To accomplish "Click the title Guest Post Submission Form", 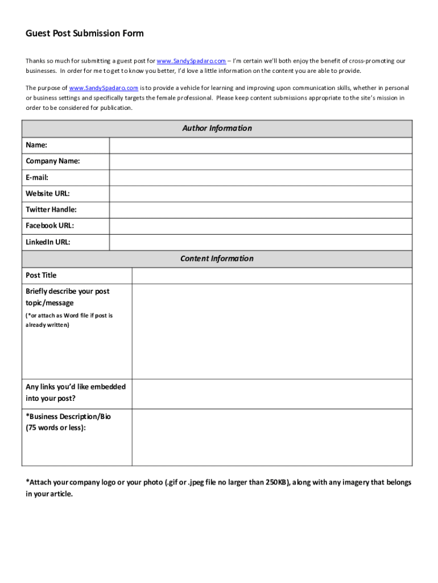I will (x=85, y=34).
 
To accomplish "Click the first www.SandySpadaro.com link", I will (x=191, y=61).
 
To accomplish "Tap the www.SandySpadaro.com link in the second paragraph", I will (x=104, y=88).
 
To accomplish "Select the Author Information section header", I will (x=217, y=129).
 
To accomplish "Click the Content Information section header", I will (x=217, y=259).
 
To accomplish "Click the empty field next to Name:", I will (x=261, y=146).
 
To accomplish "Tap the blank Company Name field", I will (x=261, y=162).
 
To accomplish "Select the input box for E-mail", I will (x=261, y=178).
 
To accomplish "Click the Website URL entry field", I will (x=261, y=194).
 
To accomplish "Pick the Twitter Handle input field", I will (x=261, y=210).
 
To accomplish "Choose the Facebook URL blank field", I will (x=261, y=226).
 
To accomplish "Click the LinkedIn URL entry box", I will (x=261, y=243).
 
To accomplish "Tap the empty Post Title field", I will (x=272, y=276).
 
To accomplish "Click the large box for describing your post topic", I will (x=272, y=331).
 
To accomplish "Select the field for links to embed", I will (x=272, y=394).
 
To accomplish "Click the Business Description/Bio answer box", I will (x=272, y=437).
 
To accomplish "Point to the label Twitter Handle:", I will (x=51, y=210).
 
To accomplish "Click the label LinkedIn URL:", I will (x=48, y=243).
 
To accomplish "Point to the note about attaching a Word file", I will (x=69, y=320).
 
